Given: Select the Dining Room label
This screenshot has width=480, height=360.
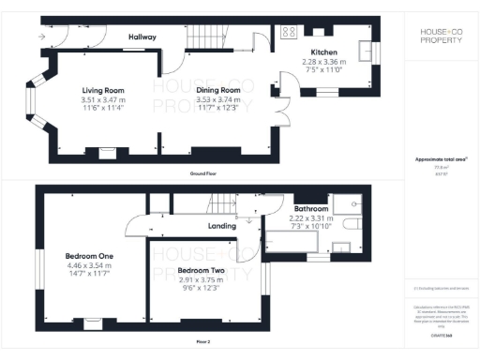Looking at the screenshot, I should pos(217,90).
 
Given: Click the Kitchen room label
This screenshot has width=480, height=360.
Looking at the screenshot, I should pos(324,52).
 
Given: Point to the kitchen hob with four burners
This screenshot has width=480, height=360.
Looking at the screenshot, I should pos(288,31).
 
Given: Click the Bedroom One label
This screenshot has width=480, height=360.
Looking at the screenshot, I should pos(89,256).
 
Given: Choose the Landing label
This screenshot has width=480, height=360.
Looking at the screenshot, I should pos(220,226).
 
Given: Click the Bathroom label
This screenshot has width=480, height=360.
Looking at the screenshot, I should pos(310,208).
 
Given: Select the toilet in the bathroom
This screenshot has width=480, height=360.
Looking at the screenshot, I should pos(352,225).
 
